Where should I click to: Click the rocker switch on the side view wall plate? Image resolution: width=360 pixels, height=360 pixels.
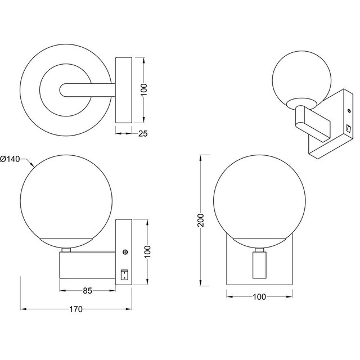click(124, 274)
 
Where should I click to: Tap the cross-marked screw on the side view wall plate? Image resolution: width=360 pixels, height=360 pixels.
click(124, 254)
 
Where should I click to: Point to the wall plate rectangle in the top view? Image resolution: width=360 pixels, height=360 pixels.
click(123, 89)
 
